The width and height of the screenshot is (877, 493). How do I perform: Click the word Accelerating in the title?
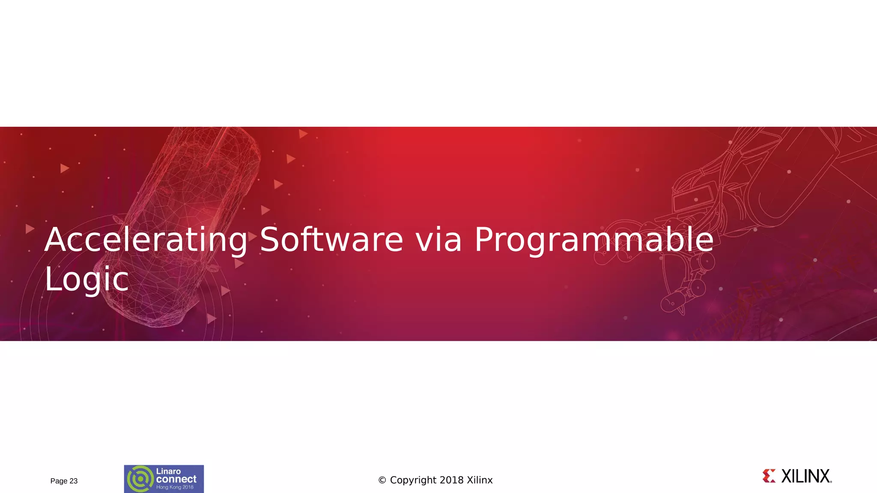tap(146, 240)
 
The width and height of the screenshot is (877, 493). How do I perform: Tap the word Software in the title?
tap(331, 240)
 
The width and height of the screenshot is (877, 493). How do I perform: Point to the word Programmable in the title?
tap(594, 240)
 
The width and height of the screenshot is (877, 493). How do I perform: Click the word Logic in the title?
tap(87, 279)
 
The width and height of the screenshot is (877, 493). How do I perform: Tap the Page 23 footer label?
tap(64, 481)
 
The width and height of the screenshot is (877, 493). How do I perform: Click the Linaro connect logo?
tap(164, 479)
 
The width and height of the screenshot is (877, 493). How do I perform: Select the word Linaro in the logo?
tap(168, 471)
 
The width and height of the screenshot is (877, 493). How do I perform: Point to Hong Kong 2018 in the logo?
tap(175, 487)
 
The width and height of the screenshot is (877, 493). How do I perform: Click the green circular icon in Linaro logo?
tap(140, 479)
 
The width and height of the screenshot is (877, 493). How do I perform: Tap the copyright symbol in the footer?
tap(382, 481)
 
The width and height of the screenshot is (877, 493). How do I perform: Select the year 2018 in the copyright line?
tap(452, 480)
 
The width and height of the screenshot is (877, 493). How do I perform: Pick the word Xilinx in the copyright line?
tap(480, 480)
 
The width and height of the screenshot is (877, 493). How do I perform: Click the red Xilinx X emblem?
tap(769, 476)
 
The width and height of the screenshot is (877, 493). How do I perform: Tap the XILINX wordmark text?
tap(805, 476)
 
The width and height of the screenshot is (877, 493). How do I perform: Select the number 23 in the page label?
tap(73, 481)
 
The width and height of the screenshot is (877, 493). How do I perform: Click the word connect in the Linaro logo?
tap(176, 479)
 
